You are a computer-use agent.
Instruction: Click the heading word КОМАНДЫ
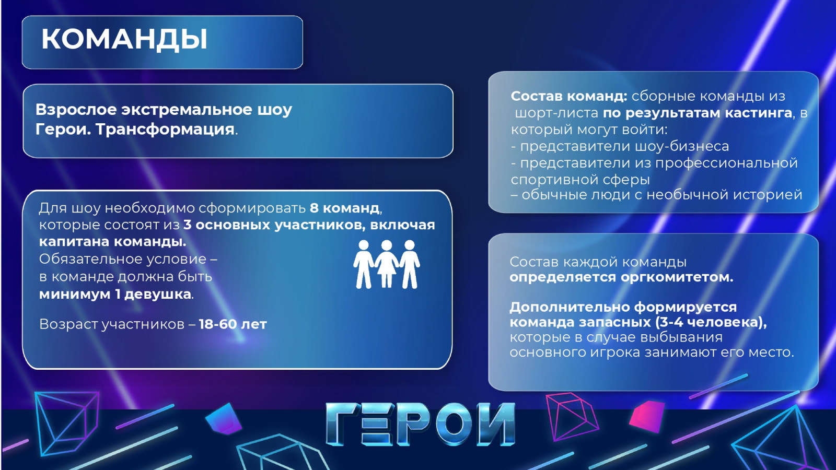coord(124,39)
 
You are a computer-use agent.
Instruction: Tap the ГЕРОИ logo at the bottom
coord(420,424)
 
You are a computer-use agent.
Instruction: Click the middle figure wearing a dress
coord(387,264)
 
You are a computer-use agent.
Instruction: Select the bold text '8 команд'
coord(344,208)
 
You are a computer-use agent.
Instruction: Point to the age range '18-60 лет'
coord(233,324)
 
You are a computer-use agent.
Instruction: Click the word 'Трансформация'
coord(165,130)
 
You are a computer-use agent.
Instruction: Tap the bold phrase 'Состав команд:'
coord(569,96)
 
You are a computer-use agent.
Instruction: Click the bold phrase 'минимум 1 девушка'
coord(115,295)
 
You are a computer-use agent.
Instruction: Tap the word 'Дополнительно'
coord(570,308)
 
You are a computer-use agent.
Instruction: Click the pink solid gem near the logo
coord(647,417)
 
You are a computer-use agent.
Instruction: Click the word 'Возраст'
coord(68,324)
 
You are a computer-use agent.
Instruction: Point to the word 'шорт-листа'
coord(556,113)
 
